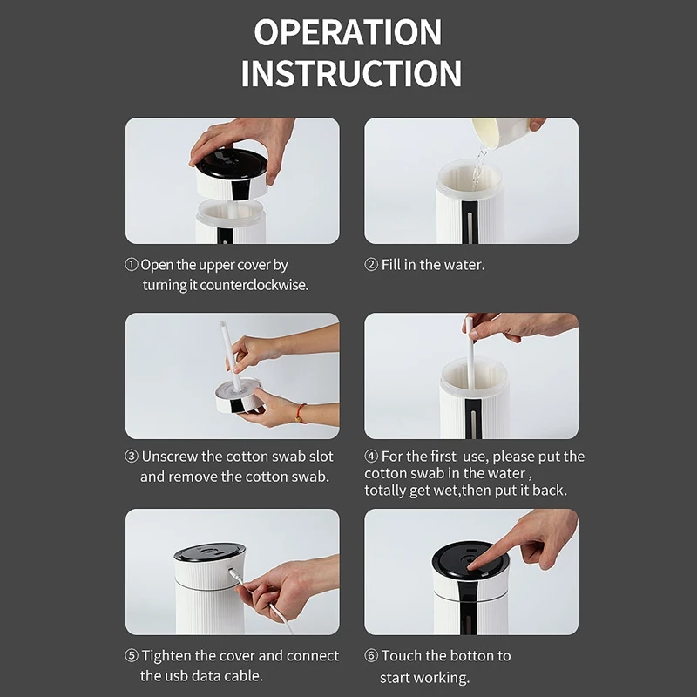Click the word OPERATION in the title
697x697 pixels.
pyautogui.click(x=348, y=32)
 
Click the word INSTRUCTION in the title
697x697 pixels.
pyautogui.click(x=351, y=73)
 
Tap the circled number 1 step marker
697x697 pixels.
pyautogui.click(x=132, y=265)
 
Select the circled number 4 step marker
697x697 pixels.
pyautogui.click(x=371, y=456)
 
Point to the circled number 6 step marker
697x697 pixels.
pyautogui.click(x=371, y=655)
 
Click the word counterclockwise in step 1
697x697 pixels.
pyautogui.click(x=254, y=285)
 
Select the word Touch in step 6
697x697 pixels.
pyautogui.click(x=402, y=656)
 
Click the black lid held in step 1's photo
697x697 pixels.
pyautogui.click(x=232, y=162)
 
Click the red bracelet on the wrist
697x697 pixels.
pyautogui.click(x=300, y=413)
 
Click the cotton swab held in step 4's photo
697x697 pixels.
pyautogui.click(x=470, y=351)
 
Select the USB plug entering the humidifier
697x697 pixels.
pyautogui.click(x=235, y=577)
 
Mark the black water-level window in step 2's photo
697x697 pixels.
pyautogui.click(x=470, y=221)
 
